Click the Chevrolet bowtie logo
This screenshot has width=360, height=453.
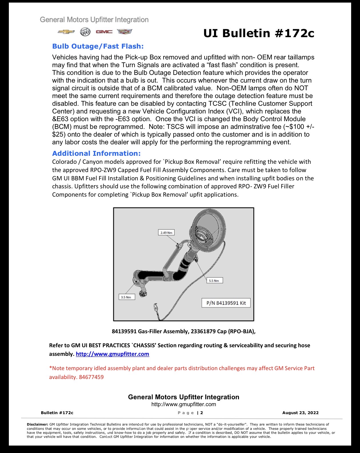click(x=66, y=32)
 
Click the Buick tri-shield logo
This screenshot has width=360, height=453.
click(x=85, y=32)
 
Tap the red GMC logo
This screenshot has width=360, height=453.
click(x=104, y=32)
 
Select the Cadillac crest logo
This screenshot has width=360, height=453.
click(x=125, y=31)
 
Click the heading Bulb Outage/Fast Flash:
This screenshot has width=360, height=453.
click(x=98, y=46)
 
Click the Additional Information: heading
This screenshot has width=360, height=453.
click(x=96, y=153)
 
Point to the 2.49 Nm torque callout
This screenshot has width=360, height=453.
click(x=166, y=233)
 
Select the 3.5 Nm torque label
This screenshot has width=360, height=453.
click(x=127, y=297)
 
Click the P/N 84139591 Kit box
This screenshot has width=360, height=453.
click(x=226, y=303)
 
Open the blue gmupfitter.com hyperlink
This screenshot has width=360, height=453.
click(x=112, y=354)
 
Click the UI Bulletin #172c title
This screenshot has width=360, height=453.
click(x=259, y=33)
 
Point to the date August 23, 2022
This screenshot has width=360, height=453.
click(x=300, y=413)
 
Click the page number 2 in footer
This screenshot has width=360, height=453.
click(x=201, y=413)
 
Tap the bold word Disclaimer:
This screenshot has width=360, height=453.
click(x=37, y=424)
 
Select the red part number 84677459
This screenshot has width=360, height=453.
click(x=91, y=377)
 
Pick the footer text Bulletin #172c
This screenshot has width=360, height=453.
click(x=57, y=413)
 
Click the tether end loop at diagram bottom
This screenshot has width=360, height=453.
click(x=156, y=308)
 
